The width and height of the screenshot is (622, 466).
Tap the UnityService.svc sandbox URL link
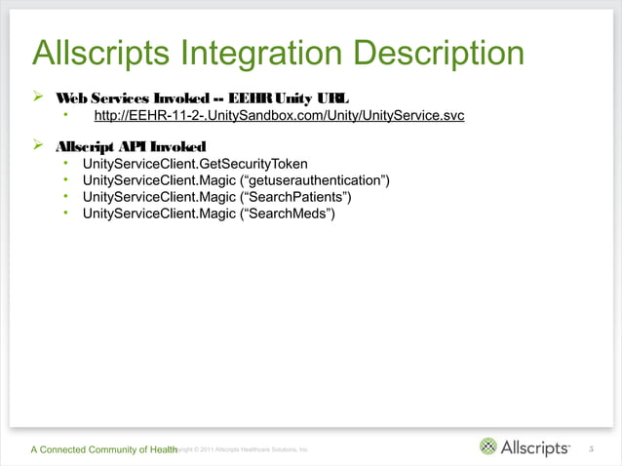click(x=278, y=118)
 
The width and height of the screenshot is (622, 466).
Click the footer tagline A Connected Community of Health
click(x=103, y=448)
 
